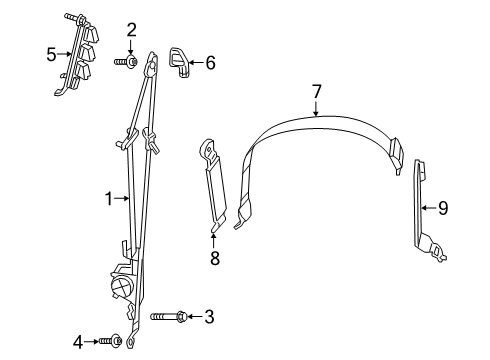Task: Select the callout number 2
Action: [x=131, y=30]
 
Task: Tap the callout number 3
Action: [x=209, y=317]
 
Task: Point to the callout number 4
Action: [x=78, y=342]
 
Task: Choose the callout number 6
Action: [x=210, y=62]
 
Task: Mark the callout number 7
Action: [x=316, y=91]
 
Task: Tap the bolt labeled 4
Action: [x=110, y=342]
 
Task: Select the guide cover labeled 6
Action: [x=180, y=61]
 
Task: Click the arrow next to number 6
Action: [x=198, y=62]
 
